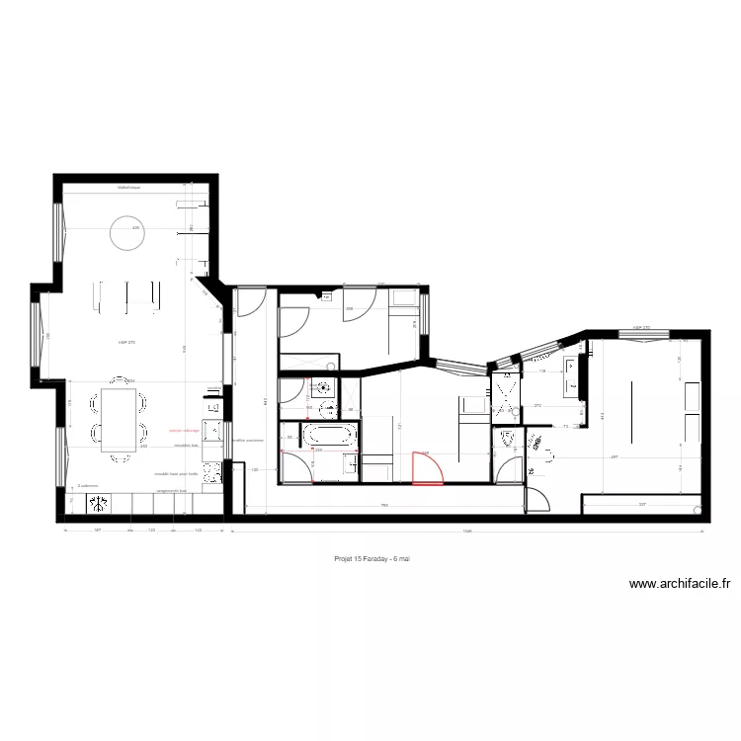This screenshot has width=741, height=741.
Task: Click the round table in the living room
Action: pyautogui.click(x=125, y=234)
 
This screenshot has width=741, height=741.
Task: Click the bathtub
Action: pyautogui.click(x=326, y=435)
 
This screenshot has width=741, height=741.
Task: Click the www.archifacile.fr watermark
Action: pyautogui.click(x=680, y=584)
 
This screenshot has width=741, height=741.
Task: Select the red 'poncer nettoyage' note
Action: pyautogui.click(x=184, y=431)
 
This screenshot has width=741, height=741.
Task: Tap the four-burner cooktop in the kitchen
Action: pyautogui.click(x=99, y=505)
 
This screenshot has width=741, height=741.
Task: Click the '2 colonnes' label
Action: pyautogui.click(x=88, y=485)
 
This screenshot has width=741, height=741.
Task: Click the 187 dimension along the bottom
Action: pyautogui.click(x=97, y=531)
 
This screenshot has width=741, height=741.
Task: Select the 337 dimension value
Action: pyautogui.click(x=642, y=504)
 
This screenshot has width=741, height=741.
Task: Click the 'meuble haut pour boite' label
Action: pyautogui.click(x=177, y=473)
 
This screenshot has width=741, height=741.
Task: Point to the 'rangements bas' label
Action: pyautogui.click(x=172, y=490)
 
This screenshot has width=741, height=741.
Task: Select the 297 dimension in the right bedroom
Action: pyautogui.click(x=614, y=456)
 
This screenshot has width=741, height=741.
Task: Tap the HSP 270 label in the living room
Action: pyautogui.click(x=126, y=342)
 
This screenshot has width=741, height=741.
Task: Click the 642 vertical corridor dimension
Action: pyautogui.click(x=266, y=400)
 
